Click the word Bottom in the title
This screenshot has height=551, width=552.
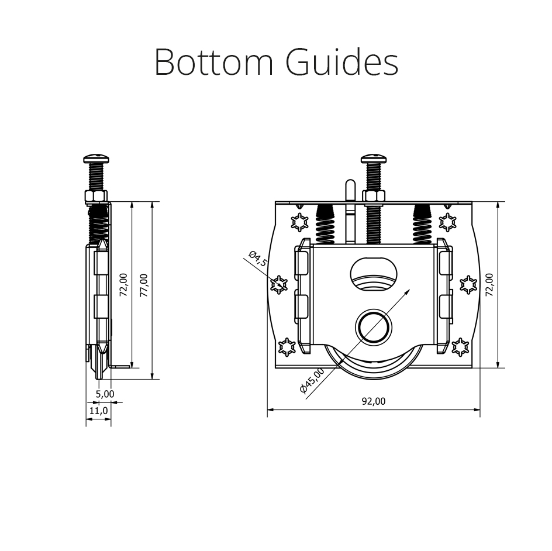pos(213,62)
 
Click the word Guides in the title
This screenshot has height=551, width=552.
pos(342,62)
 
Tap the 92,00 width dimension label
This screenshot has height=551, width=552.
pos(374,401)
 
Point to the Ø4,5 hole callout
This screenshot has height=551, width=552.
pos(258,259)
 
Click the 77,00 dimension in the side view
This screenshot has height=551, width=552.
pos(144,285)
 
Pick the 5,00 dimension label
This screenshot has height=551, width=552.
pos(105,394)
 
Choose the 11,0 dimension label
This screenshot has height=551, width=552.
pos(99,411)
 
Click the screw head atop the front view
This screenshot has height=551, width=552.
pos(374,159)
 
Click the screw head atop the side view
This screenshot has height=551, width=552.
pos(96,159)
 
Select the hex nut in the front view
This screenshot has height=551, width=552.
pos(374,196)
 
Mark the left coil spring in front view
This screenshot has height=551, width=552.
pos(325,224)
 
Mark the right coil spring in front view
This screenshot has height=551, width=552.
pos(422,224)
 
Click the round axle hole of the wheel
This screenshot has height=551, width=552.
pos(374,326)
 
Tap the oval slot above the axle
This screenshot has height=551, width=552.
pos(374,274)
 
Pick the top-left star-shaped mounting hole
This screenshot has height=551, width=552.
pos(299,222)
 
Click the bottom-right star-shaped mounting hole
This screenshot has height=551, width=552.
pos(460,347)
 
